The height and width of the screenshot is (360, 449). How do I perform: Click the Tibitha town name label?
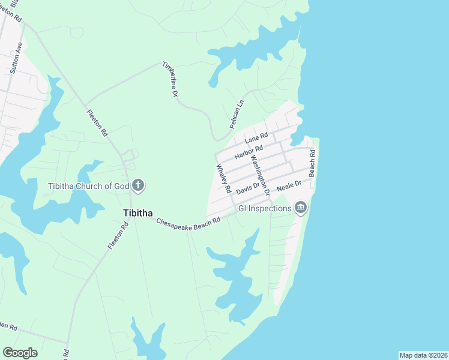point(137,213)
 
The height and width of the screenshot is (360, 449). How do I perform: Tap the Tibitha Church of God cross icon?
point(138,185)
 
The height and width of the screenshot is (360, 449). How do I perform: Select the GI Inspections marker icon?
point(301,208)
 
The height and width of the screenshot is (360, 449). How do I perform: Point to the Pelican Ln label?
point(238,113)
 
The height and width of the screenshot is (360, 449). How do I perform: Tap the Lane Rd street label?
point(256,139)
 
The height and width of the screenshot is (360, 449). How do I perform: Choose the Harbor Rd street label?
point(249,152)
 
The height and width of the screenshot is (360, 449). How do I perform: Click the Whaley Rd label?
point(223,178)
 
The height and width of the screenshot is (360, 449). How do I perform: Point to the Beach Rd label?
point(312,163)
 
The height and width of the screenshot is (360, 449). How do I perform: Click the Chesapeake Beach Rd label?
point(188,221)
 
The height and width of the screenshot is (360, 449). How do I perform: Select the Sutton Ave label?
point(17,58)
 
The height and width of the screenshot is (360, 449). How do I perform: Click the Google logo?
point(20,352)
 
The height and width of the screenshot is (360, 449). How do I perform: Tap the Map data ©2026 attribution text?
point(423,355)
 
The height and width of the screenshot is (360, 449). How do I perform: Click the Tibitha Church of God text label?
point(88,185)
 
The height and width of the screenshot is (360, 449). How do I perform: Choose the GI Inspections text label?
point(265,208)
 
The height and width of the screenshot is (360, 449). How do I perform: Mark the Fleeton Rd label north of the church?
point(96,122)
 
